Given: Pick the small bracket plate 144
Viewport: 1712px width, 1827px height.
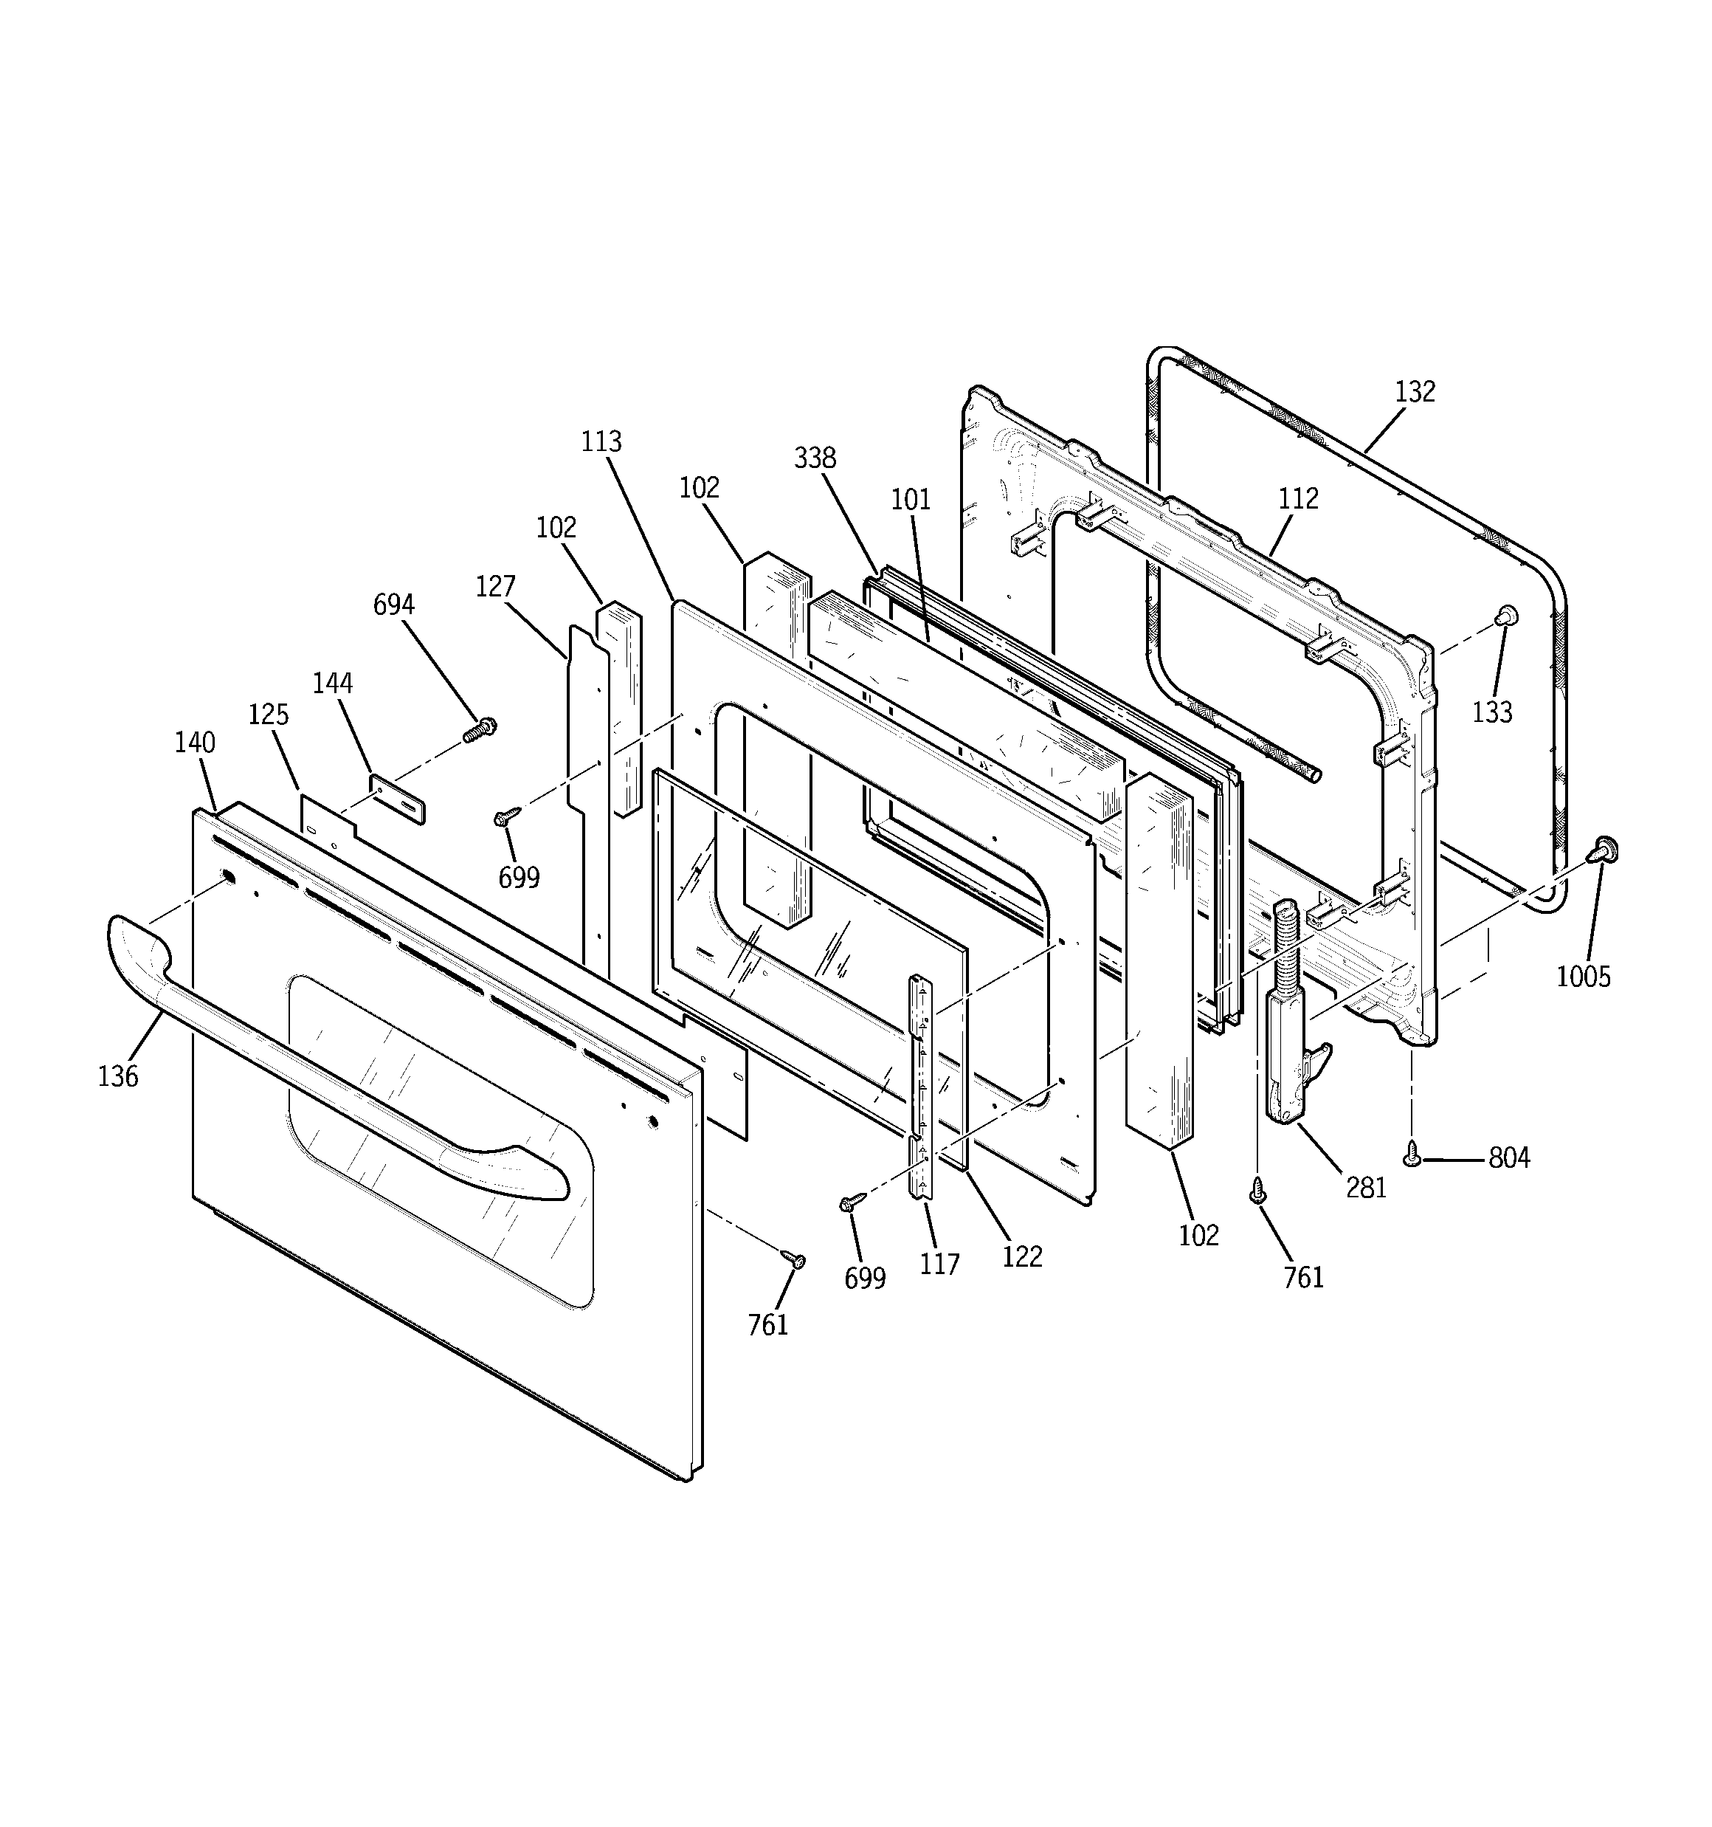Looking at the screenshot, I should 398,799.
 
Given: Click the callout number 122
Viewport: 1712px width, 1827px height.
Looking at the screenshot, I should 1022,1256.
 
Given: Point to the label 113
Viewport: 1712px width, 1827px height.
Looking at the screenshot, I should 601,442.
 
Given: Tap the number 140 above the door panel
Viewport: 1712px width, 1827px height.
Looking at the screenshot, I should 195,743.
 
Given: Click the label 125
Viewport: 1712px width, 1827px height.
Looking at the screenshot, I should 269,714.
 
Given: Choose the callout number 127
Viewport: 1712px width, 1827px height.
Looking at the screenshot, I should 495,586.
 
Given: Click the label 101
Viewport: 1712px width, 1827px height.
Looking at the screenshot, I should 911,500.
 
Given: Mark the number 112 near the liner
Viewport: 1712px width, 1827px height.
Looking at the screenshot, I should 1297,499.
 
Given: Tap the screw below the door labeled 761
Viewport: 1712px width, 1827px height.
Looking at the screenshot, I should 794,1259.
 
